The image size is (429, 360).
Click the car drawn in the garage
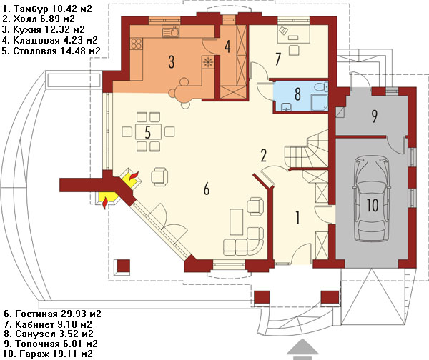coord(372,199)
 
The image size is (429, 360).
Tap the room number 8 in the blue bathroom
coord(297,94)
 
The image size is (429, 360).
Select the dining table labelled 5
coord(148,131)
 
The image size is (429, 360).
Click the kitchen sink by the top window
coord(170,31)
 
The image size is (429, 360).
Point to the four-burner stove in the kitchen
coord(137,44)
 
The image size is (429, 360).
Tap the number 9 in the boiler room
coord(375,116)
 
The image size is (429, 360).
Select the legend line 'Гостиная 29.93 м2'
coord(52,314)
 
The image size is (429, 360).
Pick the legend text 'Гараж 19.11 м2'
coord(49,354)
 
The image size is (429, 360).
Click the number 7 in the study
coord(278,59)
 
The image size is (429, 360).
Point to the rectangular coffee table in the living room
coord(237,221)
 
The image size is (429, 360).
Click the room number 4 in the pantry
coord(227,46)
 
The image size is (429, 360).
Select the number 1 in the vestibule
coord(298,217)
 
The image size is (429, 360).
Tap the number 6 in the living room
coord(207,189)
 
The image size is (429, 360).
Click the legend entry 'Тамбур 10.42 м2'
coord(47,9)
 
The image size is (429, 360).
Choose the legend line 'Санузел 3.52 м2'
coord(49,334)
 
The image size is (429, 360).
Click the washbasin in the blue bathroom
coord(286,106)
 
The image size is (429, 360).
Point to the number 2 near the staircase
coord(263,155)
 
